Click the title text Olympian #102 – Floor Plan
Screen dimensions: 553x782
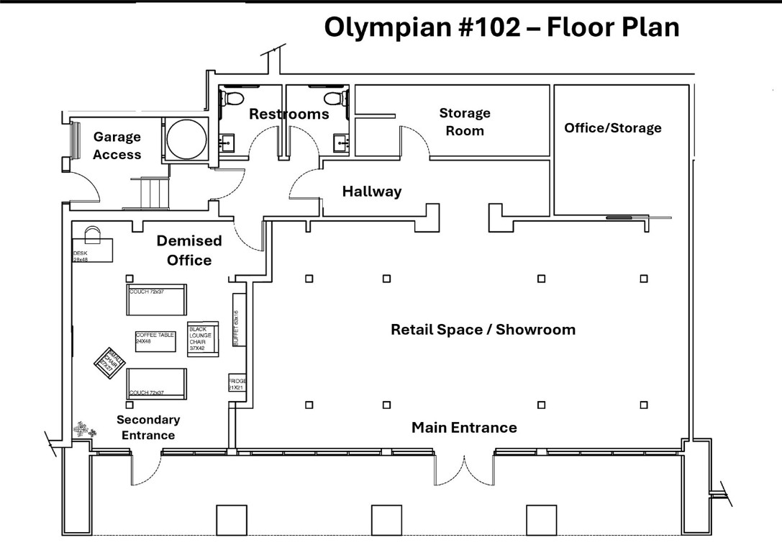(501, 27)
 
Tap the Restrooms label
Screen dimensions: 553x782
(288, 114)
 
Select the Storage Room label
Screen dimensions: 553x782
(465, 122)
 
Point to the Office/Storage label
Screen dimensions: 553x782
(612, 128)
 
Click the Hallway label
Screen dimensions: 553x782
(371, 192)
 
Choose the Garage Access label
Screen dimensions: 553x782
(117, 145)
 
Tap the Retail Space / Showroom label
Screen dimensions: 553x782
(483, 330)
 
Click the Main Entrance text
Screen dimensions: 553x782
(464, 428)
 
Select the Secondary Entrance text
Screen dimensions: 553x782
(147, 428)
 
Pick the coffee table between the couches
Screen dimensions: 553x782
(155, 341)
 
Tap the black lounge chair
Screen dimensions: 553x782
(202, 337)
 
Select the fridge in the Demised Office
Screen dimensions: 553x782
(237, 383)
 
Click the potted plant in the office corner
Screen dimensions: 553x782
(84, 431)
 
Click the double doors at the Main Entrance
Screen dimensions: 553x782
(464, 469)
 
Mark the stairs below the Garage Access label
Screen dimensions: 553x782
(153, 194)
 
